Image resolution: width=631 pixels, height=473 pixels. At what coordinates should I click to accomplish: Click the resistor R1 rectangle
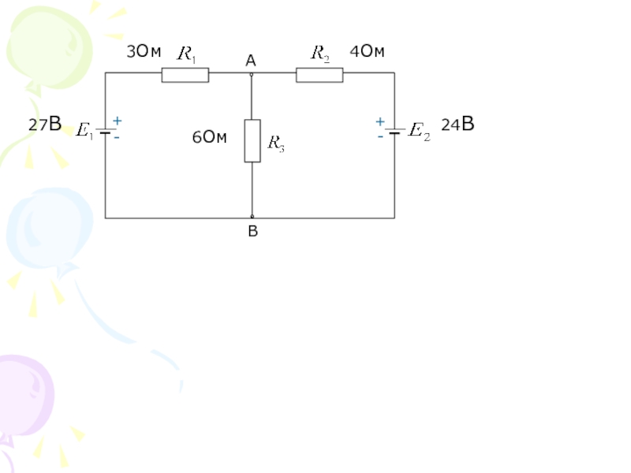coord(185,75)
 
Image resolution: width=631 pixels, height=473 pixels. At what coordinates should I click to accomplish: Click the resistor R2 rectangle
coord(319,75)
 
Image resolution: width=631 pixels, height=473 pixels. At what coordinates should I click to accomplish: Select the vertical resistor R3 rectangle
coord(252,140)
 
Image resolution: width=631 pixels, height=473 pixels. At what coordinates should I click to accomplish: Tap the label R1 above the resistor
coord(187,54)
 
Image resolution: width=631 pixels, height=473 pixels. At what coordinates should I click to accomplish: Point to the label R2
coord(320,53)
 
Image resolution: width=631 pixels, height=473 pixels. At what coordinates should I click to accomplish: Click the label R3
coord(276,143)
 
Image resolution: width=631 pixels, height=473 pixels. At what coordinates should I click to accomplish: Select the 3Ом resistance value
coord(144,53)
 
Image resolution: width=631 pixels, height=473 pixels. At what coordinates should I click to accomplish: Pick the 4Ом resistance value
coord(367,52)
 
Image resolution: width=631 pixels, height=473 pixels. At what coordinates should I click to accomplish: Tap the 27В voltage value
coord(45,125)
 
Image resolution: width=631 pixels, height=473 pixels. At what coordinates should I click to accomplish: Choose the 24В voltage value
coord(457,125)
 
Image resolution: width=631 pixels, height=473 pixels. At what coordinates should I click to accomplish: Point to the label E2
coord(420,131)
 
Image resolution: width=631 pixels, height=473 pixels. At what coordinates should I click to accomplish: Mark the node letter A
coord(250,60)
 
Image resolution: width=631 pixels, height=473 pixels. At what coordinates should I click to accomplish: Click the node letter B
coord(252,231)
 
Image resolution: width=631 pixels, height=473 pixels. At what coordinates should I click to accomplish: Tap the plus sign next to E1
coord(117,121)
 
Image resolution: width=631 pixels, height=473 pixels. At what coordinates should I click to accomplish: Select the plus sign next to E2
coord(379,122)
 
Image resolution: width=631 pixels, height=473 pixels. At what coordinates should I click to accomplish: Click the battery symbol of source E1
coord(106,131)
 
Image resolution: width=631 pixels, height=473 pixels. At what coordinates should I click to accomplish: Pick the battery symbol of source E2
coord(394,131)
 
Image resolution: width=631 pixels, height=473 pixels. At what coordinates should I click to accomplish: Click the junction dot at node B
coord(252,217)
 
